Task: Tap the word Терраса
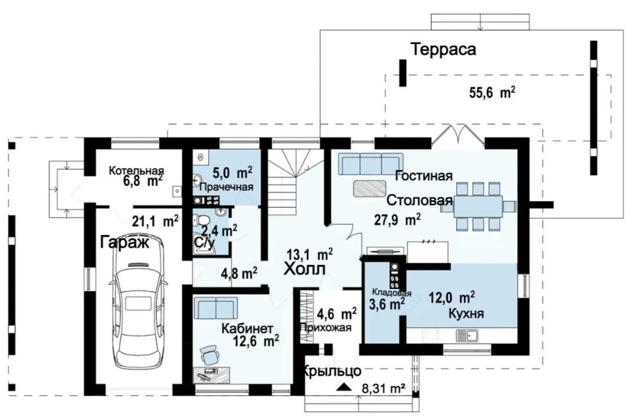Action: click(443, 49)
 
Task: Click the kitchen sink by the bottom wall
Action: click(467, 335)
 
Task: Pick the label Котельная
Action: click(137, 171)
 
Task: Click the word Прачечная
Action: click(226, 187)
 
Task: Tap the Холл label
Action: click(304, 269)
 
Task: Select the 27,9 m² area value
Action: click(397, 219)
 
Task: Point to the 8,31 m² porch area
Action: click(383, 388)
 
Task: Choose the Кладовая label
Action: click(391, 293)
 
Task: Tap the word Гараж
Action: click(124, 243)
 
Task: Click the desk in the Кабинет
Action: click(212, 375)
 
